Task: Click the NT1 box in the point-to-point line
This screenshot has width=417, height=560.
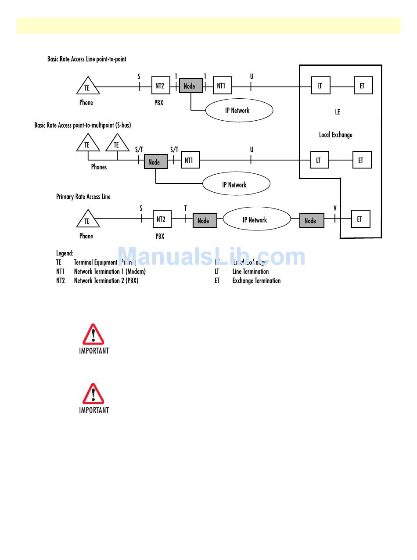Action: tap(222, 86)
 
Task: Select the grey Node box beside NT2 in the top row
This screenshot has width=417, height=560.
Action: tap(191, 86)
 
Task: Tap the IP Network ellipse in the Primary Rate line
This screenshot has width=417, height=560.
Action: tap(256, 219)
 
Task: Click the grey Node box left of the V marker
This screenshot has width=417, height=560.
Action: tap(312, 220)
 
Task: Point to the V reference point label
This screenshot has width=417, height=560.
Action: tap(335, 208)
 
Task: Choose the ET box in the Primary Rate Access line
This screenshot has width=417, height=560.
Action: tap(360, 219)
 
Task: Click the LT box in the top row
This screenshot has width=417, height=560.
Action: tap(320, 86)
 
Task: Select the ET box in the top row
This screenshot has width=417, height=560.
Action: tap(363, 86)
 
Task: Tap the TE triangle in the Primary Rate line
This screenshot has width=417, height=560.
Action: tap(88, 219)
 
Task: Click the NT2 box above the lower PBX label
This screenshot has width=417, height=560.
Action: tap(162, 219)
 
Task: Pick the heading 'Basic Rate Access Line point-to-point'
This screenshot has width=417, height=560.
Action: tap(87, 59)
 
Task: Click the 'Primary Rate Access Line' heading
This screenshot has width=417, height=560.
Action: tap(83, 197)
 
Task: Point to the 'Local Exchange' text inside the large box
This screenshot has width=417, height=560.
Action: tap(335, 135)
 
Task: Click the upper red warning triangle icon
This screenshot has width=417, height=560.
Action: tap(93, 334)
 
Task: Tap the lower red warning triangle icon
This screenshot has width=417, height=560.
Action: tap(93, 394)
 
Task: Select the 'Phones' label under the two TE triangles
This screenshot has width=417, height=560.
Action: tap(99, 167)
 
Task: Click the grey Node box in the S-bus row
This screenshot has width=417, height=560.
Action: tap(155, 162)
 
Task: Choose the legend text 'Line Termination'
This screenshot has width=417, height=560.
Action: tap(250, 272)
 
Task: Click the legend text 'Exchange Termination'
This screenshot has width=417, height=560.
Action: tap(256, 281)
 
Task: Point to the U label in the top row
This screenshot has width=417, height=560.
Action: tap(252, 76)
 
